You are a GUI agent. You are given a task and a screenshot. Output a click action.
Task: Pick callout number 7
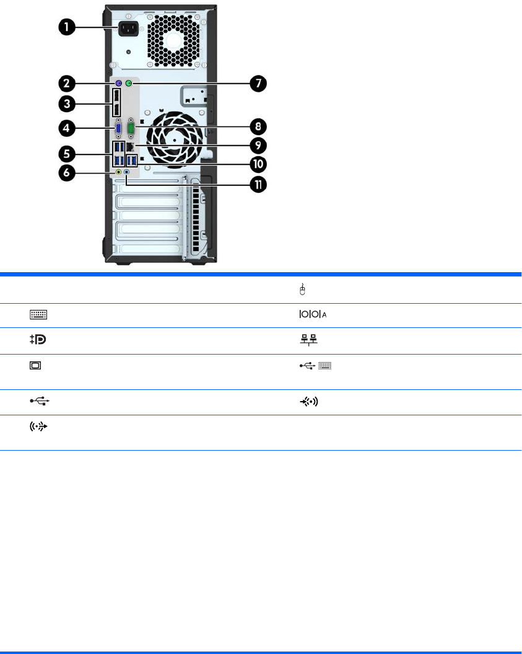click(x=256, y=83)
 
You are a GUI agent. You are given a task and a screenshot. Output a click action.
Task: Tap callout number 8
click(x=256, y=127)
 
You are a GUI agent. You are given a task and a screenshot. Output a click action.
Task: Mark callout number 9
click(x=256, y=146)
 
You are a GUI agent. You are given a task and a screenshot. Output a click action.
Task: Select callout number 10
click(x=256, y=164)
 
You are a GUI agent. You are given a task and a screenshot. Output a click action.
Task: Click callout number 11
click(x=256, y=184)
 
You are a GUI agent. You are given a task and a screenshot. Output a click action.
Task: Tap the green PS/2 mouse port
click(x=129, y=83)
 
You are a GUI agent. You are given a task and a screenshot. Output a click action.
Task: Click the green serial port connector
click(x=131, y=130)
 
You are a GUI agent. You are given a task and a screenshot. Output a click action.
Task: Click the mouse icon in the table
click(x=302, y=289)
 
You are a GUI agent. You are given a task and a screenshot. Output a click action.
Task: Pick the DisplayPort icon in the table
click(x=38, y=341)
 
